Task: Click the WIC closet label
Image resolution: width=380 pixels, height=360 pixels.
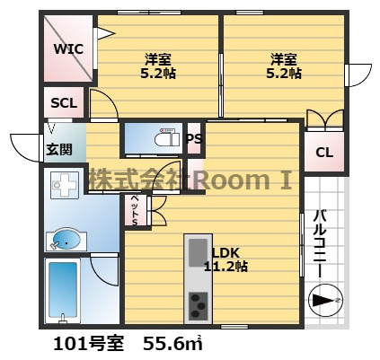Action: pyautogui.click(x=68, y=48)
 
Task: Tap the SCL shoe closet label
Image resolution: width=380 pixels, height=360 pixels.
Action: pyautogui.click(x=64, y=103)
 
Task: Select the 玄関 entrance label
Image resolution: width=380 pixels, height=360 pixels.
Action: pyautogui.click(x=59, y=149)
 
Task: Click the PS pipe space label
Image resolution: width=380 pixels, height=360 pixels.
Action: pyautogui.click(x=194, y=138)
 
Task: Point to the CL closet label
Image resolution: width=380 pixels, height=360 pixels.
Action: pyautogui.click(x=324, y=153)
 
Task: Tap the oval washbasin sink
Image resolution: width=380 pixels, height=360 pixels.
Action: pyautogui.click(x=66, y=240)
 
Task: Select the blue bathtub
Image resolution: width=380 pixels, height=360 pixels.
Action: pyautogui.click(x=63, y=290)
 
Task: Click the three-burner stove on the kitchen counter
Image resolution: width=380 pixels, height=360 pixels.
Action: pyautogui.click(x=198, y=305)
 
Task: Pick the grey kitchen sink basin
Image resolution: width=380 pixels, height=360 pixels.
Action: pyautogui.click(x=198, y=252)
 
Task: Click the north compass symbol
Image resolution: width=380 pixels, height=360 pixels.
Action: pyautogui.click(x=325, y=300)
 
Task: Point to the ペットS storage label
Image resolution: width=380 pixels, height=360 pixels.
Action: pyautogui.click(x=135, y=210)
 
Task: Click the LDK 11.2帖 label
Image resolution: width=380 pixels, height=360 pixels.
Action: pyautogui.click(x=225, y=259)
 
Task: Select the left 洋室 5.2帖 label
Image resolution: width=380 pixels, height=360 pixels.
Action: pyautogui.click(x=158, y=66)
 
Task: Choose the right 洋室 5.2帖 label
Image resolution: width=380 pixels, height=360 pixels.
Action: pyautogui.click(x=284, y=66)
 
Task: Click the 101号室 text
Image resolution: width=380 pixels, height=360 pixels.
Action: pyautogui.click(x=88, y=344)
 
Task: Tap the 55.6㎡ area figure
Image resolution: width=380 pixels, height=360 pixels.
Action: pyautogui.click(x=172, y=344)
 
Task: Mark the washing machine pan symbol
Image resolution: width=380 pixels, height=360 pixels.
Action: pyautogui.click(x=65, y=185)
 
